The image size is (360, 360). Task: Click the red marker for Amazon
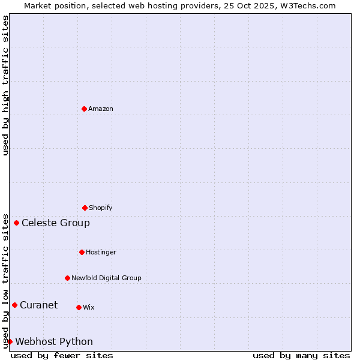click(84, 109)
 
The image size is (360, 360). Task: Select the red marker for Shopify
click(85, 208)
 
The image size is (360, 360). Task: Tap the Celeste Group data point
click(16, 223)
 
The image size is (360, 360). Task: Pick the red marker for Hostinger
click(82, 252)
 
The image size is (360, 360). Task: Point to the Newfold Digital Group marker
click(67, 278)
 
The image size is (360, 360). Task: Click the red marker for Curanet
click(14, 305)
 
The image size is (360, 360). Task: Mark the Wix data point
click(79, 307)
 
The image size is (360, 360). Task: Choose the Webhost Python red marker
click(10, 342)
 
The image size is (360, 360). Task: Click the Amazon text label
click(101, 109)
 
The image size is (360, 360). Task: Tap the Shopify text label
click(101, 208)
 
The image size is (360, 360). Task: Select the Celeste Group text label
click(56, 223)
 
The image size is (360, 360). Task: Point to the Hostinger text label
click(101, 252)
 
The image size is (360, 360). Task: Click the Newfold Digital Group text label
click(106, 278)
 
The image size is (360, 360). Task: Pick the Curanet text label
click(38, 305)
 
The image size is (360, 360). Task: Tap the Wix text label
click(89, 307)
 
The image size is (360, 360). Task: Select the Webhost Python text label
click(54, 342)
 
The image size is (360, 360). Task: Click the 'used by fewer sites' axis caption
click(62, 355)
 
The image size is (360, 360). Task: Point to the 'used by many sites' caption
click(301, 355)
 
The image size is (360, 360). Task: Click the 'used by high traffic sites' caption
click(5, 85)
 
